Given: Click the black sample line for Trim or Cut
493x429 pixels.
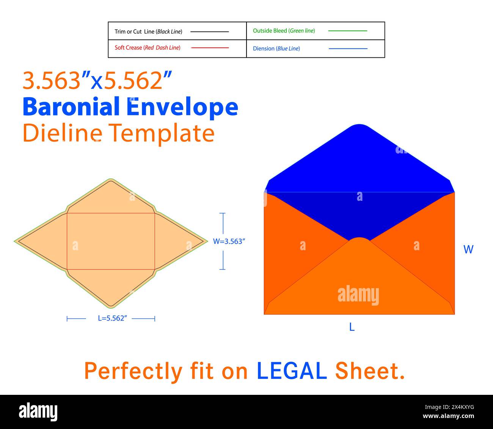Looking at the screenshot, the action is (x=209, y=32).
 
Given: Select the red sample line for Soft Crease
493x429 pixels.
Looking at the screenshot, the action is (x=210, y=48).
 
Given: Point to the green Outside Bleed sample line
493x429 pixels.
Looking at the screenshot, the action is (x=347, y=31).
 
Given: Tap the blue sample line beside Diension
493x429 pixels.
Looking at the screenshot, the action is (x=348, y=49).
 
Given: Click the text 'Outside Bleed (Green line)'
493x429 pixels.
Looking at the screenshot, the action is (x=284, y=31).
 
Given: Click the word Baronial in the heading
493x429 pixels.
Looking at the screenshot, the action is (x=71, y=106).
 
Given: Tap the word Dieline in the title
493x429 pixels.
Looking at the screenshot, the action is (x=63, y=133).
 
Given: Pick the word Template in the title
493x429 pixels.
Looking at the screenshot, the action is (x=162, y=134).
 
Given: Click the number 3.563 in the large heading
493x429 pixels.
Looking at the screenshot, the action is (x=52, y=80).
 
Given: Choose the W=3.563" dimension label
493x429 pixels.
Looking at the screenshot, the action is (x=229, y=241).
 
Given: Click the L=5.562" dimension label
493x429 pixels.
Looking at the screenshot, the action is (x=112, y=318).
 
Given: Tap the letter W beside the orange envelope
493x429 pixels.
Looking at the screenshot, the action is (x=468, y=249).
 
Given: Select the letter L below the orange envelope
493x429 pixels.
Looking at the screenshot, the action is (x=352, y=327).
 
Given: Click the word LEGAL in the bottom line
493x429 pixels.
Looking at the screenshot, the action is (x=292, y=371).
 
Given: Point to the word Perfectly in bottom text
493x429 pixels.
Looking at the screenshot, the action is (x=133, y=372).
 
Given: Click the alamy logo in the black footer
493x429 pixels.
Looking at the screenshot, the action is (x=38, y=412).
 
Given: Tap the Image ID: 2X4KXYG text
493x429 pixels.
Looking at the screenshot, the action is (x=449, y=407).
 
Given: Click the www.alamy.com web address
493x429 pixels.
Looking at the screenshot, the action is (x=448, y=416).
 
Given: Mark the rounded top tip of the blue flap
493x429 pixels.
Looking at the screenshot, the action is (x=359, y=125).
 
